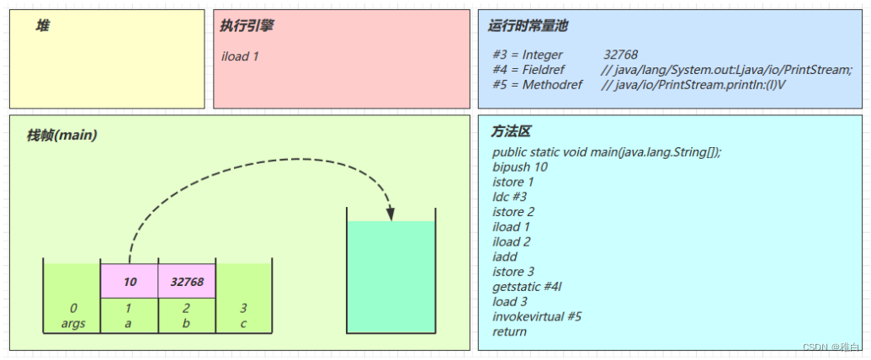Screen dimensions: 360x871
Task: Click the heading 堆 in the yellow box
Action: click(x=42, y=26)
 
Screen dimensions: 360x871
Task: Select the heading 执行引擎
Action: click(x=247, y=26)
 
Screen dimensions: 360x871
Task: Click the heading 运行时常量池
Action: click(x=528, y=26)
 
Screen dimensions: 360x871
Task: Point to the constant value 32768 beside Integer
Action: click(x=620, y=55)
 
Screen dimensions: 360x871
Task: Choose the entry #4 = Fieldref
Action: click(x=538, y=70)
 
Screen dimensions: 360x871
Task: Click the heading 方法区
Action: click(x=511, y=133)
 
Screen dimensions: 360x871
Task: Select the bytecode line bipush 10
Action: click(x=520, y=167)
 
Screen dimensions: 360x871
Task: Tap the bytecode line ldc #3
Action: click(x=509, y=197)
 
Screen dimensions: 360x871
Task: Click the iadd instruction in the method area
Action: click(x=505, y=257)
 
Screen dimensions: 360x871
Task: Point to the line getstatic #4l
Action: click(x=527, y=287)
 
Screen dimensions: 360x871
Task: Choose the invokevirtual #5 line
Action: click(x=537, y=316)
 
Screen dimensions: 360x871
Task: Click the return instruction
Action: click(x=510, y=331)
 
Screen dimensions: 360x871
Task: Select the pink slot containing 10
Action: click(x=130, y=281)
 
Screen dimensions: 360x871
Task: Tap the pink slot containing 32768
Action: click(x=187, y=281)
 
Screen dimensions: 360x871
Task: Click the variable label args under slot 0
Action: click(x=73, y=323)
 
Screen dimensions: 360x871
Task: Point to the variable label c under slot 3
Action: click(x=243, y=323)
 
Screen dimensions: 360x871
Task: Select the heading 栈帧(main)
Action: click(x=61, y=135)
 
